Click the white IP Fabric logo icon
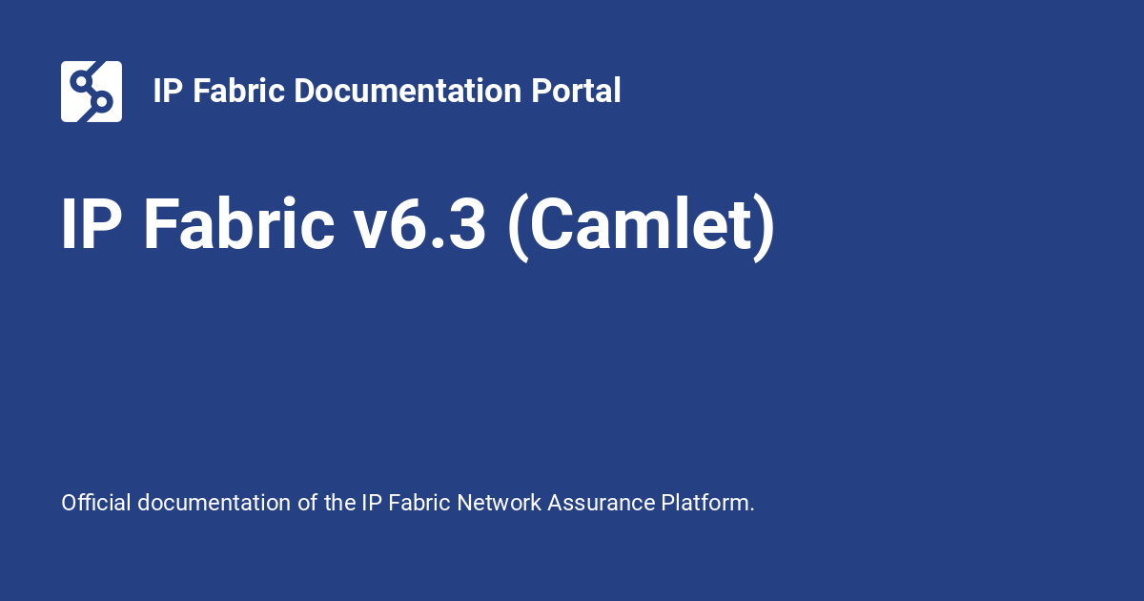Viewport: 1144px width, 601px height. click(92, 92)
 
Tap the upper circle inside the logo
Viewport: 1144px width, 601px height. click(81, 81)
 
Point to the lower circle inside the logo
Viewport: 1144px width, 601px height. click(102, 102)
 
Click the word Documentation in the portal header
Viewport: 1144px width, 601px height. click(407, 91)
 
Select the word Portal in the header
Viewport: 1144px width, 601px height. click(576, 91)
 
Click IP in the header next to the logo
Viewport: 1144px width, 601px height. click(168, 91)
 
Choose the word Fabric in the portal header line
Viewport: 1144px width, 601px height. click(238, 91)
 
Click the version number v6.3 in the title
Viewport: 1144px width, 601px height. click(419, 225)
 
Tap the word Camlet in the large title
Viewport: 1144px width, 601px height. click(641, 224)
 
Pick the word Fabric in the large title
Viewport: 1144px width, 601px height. click(239, 224)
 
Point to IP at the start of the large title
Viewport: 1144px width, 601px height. click(92, 224)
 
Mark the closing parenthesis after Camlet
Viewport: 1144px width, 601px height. click(765, 228)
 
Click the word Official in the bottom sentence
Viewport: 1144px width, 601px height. click(96, 503)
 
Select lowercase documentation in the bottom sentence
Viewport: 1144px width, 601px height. click(214, 503)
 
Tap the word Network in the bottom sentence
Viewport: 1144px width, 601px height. click(499, 503)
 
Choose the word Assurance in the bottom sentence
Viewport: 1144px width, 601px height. click(602, 503)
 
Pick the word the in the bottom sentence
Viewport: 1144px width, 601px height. click(339, 503)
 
